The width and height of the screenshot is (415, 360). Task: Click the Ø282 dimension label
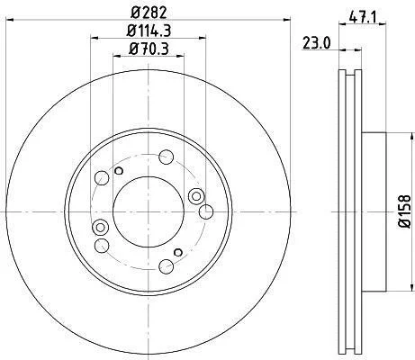pos(149,13)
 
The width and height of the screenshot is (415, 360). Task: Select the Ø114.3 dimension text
pos(149,31)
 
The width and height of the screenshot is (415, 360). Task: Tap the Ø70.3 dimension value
pos(149,49)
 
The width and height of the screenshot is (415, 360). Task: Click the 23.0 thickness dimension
pos(316,43)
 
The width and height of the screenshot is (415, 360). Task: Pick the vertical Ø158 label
pos(404,211)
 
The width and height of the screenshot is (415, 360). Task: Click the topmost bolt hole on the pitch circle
pos(166,157)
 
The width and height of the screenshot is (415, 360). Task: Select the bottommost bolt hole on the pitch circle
pos(166,266)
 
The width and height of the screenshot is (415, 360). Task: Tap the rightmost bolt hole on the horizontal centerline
pos(206,211)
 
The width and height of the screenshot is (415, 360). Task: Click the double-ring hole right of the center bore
pos(196,196)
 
